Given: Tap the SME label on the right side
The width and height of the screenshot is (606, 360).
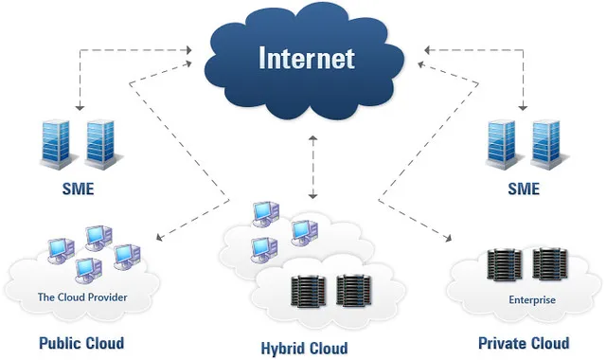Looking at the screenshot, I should click(x=523, y=189).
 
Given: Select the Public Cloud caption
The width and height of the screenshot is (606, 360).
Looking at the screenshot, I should click(x=81, y=342).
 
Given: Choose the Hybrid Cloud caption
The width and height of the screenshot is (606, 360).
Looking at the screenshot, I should click(x=304, y=348).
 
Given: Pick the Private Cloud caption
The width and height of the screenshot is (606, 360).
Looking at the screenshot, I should click(x=524, y=342).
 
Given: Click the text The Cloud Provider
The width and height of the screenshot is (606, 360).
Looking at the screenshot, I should click(x=82, y=297).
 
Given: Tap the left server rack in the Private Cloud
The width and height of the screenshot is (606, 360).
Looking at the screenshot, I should click(x=502, y=265).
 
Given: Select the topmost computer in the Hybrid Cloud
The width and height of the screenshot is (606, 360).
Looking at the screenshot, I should click(x=263, y=213).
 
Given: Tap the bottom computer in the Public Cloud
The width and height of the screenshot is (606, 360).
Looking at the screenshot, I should click(x=88, y=270).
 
